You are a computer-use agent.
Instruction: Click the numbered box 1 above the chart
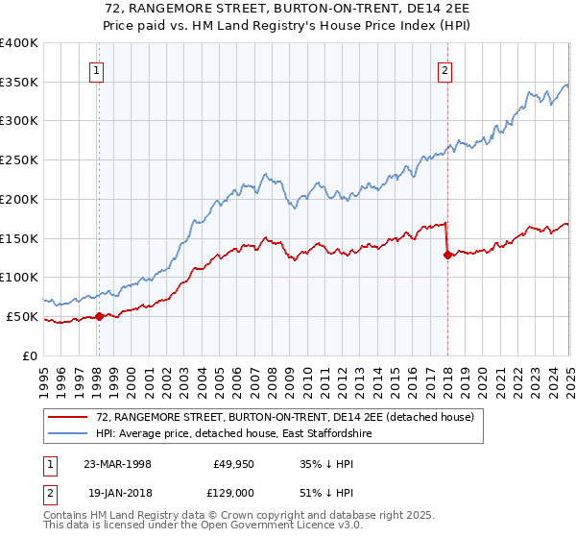click(x=98, y=69)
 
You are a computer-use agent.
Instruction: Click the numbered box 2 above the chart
click(x=446, y=69)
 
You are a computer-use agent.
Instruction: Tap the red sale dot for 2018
click(x=447, y=255)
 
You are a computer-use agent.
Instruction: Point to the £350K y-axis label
click(x=19, y=83)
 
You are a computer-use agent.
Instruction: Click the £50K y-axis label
click(x=23, y=316)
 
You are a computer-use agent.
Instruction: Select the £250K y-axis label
click(x=19, y=160)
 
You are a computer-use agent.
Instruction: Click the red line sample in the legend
click(x=68, y=418)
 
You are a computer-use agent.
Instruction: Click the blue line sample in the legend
click(x=68, y=434)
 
